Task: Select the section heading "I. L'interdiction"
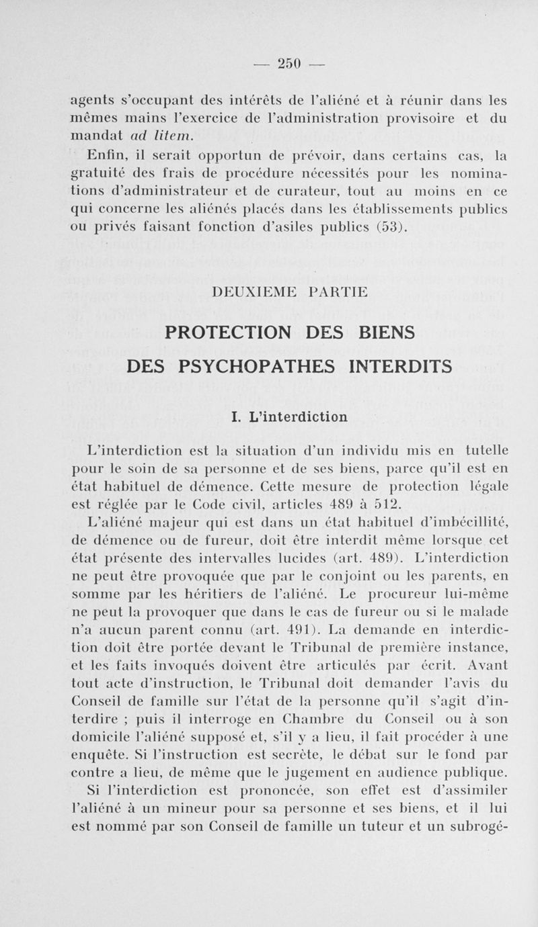[x=289, y=416]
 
